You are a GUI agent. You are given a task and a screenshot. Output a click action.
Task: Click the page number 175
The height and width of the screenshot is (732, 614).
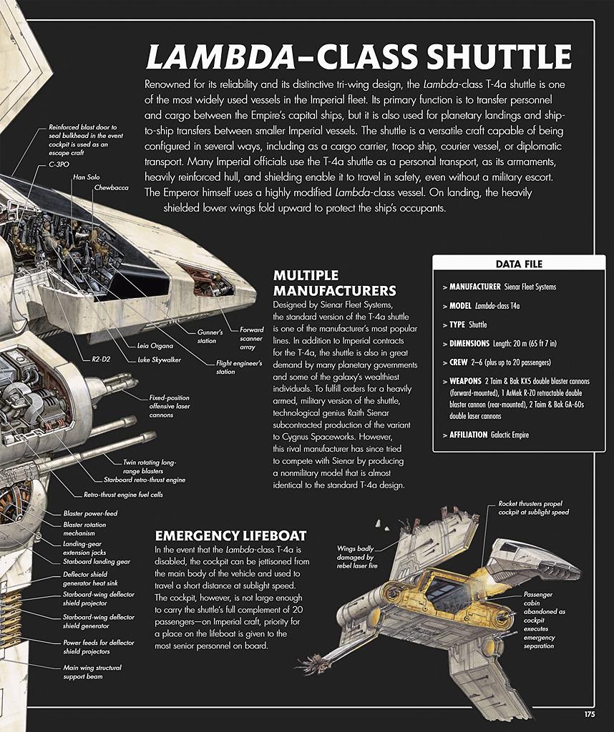pos(589,714)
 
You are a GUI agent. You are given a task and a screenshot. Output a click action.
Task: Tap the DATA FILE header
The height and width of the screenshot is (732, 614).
pos(519,264)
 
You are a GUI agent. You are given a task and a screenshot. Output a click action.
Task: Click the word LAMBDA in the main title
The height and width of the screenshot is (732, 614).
pos(220,56)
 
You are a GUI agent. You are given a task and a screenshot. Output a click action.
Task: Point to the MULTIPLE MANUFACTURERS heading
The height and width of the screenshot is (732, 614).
pos(335,283)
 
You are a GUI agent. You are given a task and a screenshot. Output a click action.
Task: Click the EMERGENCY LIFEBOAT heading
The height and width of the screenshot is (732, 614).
pos(231,535)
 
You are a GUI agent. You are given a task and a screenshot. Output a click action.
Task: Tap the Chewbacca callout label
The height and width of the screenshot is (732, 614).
pos(111,188)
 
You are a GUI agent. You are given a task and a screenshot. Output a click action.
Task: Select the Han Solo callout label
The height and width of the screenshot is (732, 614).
pos(87,177)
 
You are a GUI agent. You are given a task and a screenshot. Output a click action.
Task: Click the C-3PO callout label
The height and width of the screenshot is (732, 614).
pos(59,164)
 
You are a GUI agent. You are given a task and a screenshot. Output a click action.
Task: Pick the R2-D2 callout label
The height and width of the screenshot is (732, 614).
pos(101,360)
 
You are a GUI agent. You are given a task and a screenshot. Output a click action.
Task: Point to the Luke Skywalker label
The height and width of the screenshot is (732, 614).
pos(159,360)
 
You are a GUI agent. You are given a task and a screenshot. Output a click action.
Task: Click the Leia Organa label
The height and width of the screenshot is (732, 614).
pos(155,346)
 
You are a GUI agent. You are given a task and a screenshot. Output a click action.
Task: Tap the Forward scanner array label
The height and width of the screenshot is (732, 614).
pos(251,338)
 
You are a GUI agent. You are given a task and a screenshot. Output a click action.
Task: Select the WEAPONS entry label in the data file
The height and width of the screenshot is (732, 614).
pos(465,381)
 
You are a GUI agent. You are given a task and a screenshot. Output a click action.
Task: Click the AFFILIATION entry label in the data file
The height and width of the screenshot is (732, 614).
pos(468,435)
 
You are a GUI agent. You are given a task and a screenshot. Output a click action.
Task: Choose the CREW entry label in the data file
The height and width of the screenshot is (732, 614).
pos(458,362)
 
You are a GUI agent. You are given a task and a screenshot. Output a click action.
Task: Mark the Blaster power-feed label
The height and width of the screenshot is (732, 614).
pos(91,513)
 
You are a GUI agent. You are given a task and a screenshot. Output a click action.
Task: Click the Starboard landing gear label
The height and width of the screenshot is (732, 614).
pos(97,562)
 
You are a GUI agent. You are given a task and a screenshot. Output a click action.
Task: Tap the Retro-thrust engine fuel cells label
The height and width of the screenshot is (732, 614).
pos(123,495)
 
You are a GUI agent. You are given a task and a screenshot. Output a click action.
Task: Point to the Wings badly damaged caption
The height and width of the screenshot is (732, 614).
pos(357,557)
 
